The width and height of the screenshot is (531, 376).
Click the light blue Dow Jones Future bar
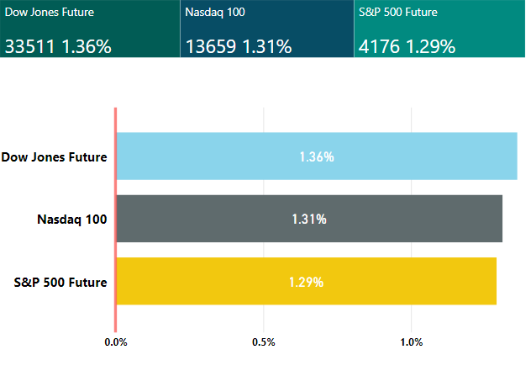(x=317, y=156)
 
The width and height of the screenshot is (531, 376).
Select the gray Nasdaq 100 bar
(x=309, y=219)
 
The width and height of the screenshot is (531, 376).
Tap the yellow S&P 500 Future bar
(x=306, y=281)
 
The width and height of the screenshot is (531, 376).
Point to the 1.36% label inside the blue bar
(x=317, y=157)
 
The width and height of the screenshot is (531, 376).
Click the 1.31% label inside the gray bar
(x=309, y=220)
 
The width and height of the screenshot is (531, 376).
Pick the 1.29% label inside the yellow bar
(x=306, y=282)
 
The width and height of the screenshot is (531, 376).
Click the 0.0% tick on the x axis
(x=116, y=342)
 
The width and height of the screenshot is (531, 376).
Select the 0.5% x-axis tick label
(x=264, y=342)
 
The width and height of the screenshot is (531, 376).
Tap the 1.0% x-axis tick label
(x=412, y=342)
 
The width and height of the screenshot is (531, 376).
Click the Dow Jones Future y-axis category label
(x=54, y=157)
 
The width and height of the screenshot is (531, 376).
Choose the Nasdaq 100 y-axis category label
(x=72, y=220)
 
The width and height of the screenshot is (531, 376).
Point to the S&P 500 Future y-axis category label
(x=60, y=282)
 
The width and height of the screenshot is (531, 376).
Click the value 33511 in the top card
(x=29, y=46)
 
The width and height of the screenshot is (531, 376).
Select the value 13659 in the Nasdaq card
(x=211, y=46)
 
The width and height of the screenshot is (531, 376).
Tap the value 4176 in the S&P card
(x=379, y=46)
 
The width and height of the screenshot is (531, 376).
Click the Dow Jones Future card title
(x=50, y=13)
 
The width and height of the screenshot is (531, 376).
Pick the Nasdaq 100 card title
(x=215, y=13)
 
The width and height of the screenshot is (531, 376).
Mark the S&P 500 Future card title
(x=398, y=13)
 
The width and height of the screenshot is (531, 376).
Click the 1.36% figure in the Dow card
(x=87, y=46)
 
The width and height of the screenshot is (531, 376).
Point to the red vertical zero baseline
(x=115, y=220)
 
